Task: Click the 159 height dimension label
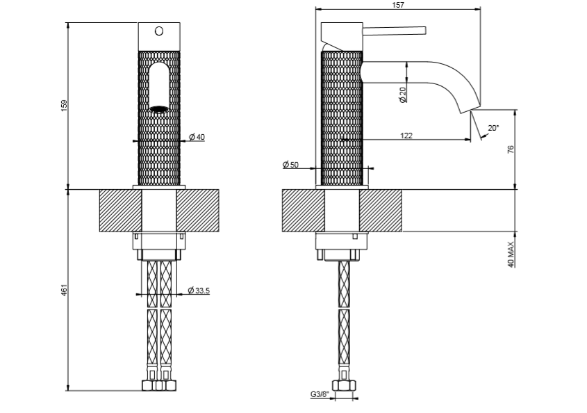click(x=64, y=105)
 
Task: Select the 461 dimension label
click(x=64, y=291)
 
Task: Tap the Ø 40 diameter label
click(x=197, y=137)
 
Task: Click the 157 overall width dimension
click(x=398, y=5)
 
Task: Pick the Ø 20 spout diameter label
click(x=403, y=95)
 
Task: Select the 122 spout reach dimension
click(x=406, y=136)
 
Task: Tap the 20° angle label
click(x=493, y=128)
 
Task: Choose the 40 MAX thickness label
click(x=511, y=254)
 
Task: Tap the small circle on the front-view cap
click(x=158, y=31)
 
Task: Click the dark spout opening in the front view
click(x=159, y=108)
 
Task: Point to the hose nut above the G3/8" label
click(x=341, y=385)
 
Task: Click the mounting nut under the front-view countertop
click(x=159, y=242)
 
